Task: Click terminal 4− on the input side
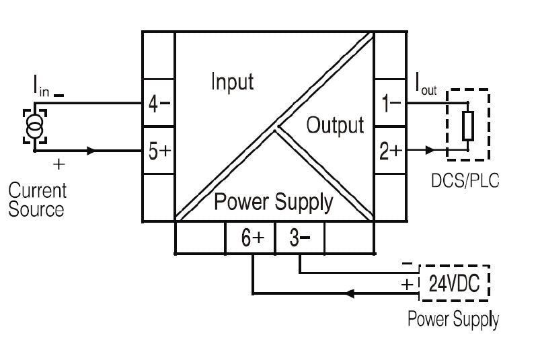click(159, 105)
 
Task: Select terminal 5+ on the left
click(159, 151)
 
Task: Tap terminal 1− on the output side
click(391, 105)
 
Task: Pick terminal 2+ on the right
click(391, 151)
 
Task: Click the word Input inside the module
click(232, 82)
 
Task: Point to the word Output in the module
click(335, 125)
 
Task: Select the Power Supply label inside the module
click(273, 201)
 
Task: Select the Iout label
click(426, 85)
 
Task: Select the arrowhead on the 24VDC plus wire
click(350, 293)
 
